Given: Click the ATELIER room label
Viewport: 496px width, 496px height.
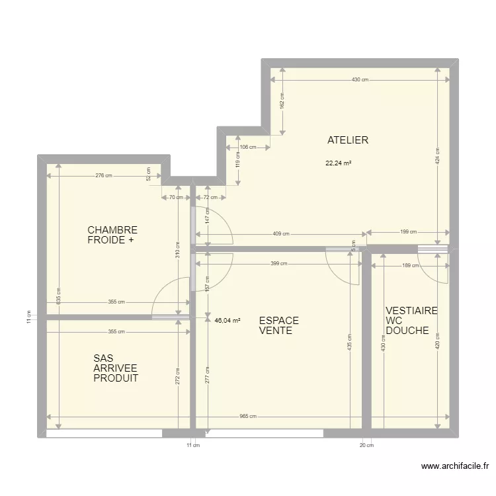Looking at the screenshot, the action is point(348,140).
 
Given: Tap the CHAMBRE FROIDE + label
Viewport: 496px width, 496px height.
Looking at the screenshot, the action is point(112,235).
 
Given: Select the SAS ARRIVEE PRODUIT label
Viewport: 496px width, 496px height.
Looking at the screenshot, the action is point(116,368).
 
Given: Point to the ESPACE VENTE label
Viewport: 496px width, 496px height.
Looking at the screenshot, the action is point(278,325).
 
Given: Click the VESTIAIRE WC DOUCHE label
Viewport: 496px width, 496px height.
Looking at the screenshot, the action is point(411,321).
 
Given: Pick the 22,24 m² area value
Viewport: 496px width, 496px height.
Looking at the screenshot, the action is point(339,163).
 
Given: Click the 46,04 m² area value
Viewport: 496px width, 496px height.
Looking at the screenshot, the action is point(227,321).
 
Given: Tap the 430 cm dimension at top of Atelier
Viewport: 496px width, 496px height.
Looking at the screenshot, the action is point(360,80).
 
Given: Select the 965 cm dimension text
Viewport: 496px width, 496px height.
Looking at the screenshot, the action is point(248,416).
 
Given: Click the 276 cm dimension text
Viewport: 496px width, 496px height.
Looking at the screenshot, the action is point(104,175).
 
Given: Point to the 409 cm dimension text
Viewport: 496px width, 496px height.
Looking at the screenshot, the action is point(281,233).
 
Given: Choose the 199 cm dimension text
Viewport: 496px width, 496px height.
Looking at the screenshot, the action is point(409,231).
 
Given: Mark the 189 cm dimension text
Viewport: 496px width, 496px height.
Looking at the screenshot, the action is point(410,265).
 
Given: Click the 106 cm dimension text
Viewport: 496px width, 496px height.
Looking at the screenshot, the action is point(248,147).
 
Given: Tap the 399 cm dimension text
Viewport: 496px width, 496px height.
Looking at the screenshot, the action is point(278,263).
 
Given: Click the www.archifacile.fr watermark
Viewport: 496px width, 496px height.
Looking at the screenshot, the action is point(455,466).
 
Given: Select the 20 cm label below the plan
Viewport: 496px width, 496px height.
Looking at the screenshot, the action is point(366,445).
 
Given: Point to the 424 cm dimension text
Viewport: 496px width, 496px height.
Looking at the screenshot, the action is point(438,156).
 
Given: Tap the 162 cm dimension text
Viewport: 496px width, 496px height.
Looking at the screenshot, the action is point(282,101).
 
